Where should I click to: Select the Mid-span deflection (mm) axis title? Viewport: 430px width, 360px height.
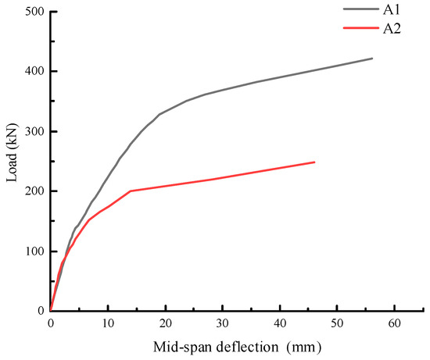click(236, 346)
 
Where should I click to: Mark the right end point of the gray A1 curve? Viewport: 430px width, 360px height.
click(371, 59)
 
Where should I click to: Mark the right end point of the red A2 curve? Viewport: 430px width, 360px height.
click(314, 162)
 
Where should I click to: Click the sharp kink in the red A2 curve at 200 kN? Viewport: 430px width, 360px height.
click(131, 191)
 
